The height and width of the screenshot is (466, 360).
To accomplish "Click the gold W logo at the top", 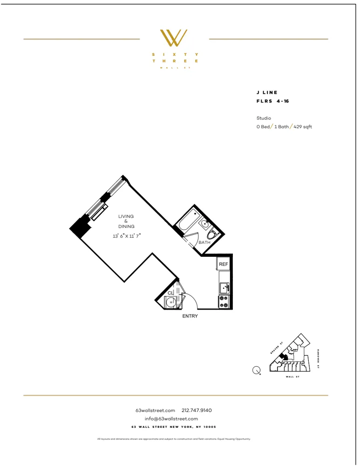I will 174,38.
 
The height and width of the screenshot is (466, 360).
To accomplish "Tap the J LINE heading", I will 267,93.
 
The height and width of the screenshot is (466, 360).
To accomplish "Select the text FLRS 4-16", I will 272,101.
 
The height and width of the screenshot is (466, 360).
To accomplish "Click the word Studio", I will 264,118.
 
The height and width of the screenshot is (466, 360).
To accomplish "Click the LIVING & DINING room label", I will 126,221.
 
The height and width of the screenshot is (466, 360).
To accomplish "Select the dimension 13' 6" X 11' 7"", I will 127,236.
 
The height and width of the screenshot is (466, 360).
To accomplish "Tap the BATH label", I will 204,243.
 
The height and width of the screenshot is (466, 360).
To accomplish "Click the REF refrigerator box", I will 224,264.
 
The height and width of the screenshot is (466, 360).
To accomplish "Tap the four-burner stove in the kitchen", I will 224,302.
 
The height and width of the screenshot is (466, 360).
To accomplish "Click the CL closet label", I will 170,293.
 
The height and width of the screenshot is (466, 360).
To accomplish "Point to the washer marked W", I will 171,302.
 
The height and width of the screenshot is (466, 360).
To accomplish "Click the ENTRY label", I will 190,316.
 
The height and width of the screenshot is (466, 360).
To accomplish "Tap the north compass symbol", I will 256,371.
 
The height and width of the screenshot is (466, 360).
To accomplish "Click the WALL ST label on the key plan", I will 292,377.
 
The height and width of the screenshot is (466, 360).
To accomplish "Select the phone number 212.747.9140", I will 197,411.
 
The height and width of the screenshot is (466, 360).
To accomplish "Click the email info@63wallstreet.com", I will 171,419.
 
